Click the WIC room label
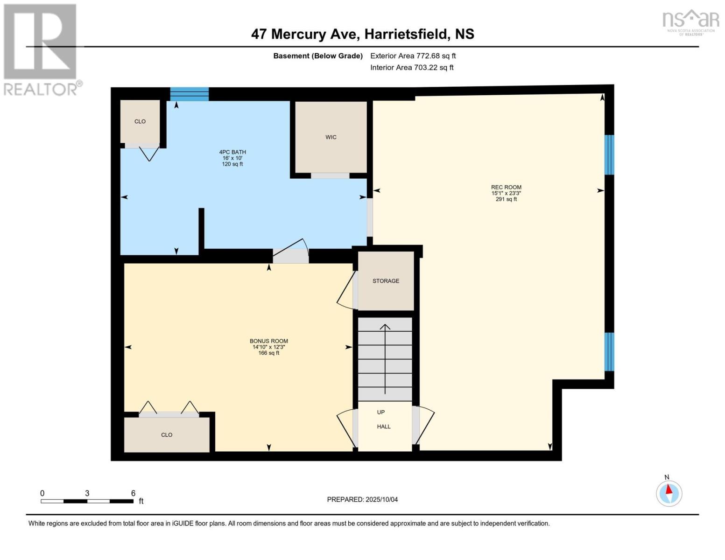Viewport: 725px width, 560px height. click(331, 137)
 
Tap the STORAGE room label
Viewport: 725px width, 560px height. click(386, 281)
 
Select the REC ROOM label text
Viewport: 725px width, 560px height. click(506, 187)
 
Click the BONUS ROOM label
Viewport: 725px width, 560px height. click(268, 341)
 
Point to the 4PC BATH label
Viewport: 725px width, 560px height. click(232, 152)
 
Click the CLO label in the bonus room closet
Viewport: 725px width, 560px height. click(167, 435)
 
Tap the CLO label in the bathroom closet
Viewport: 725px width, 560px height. click(140, 121)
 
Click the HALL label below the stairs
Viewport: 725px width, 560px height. click(384, 427)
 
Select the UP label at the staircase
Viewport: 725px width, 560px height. click(381, 413)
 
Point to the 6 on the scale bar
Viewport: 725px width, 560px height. click(133, 493)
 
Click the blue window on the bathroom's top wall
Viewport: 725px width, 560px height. click(189, 94)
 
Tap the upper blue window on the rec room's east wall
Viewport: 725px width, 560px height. click(609, 154)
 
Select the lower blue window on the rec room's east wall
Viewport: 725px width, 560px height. click(609, 351)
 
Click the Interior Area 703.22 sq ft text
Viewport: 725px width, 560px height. click(412, 68)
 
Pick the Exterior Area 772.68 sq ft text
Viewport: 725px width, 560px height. click(413, 56)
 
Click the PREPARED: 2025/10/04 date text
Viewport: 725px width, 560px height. click(362, 500)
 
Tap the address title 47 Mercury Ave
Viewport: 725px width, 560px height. click(362, 34)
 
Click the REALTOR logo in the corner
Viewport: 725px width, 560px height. click(41, 49)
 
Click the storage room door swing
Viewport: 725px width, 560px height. click(345, 290)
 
